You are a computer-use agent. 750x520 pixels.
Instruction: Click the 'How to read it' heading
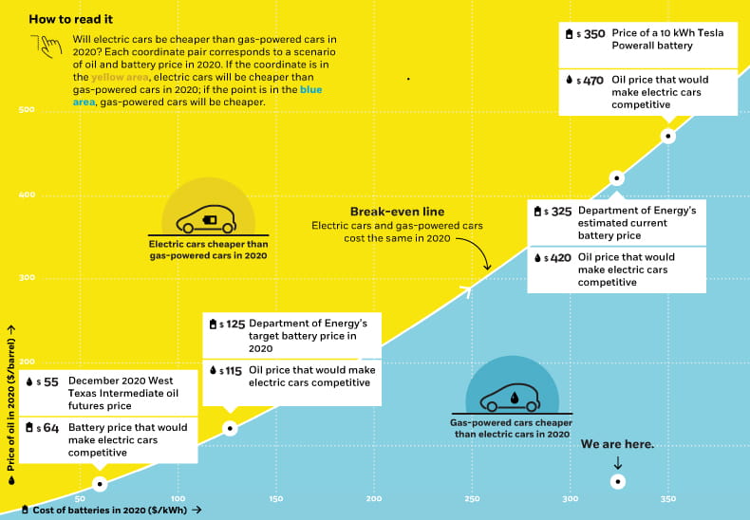pos(70,19)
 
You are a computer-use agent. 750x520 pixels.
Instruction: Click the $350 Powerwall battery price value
pos(594,33)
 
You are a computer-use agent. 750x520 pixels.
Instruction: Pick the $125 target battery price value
pos(235,324)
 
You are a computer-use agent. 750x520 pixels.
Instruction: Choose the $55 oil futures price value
pos(50,381)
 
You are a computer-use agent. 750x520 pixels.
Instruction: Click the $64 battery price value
pos(50,428)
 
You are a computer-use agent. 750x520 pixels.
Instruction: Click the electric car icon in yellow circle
pos(208,220)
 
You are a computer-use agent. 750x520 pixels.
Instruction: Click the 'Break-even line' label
pos(397,212)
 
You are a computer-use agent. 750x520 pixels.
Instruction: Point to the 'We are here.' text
pos(617,443)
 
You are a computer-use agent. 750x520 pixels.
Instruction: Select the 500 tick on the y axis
pos(27,110)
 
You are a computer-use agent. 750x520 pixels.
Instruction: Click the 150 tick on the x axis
pos(276,498)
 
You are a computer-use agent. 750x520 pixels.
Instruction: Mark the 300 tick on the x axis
pos(570,498)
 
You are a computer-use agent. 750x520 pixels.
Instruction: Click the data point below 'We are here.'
pos(617,481)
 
